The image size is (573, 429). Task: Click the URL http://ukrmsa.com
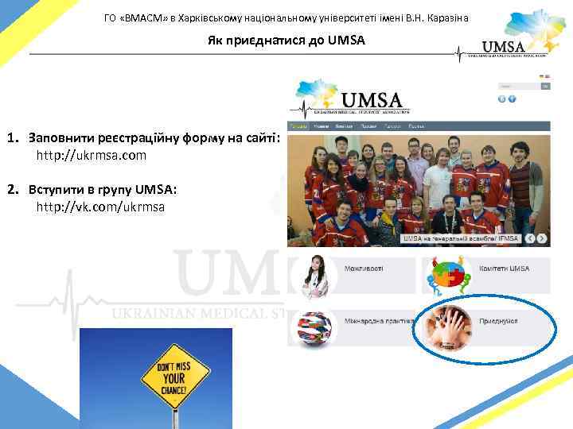(x=92, y=155)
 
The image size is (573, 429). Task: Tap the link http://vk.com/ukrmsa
(x=101, y=207)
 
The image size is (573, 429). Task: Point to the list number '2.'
(x=14, y=190)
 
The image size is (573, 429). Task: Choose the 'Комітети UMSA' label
(x=504, y=269)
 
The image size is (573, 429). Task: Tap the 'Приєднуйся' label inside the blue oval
(x=499, y=320)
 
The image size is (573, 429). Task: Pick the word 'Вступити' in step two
(x=55, y=190)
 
